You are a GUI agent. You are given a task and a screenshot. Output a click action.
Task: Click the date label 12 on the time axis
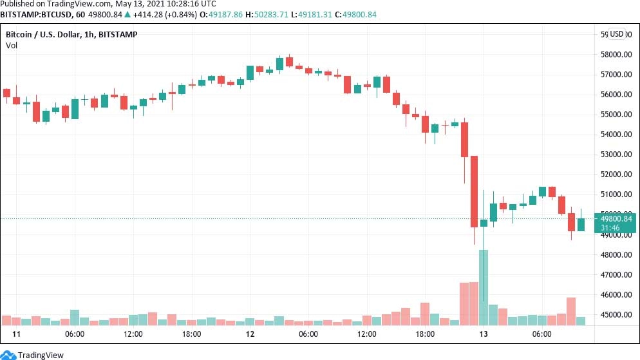point(250,334)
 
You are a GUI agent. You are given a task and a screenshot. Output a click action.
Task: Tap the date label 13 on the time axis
point(483,334)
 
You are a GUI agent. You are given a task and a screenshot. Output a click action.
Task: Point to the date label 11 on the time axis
point(17,334)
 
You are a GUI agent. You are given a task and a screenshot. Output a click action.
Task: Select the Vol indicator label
point(12,45)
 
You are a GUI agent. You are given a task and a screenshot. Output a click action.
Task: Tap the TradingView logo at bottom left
point(35,354)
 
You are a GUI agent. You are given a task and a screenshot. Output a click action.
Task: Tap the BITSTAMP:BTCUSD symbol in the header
point(33,15)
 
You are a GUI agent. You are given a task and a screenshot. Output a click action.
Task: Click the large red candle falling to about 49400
point(474,191)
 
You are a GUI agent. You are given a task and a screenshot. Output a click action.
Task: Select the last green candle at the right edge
point(581,224)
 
